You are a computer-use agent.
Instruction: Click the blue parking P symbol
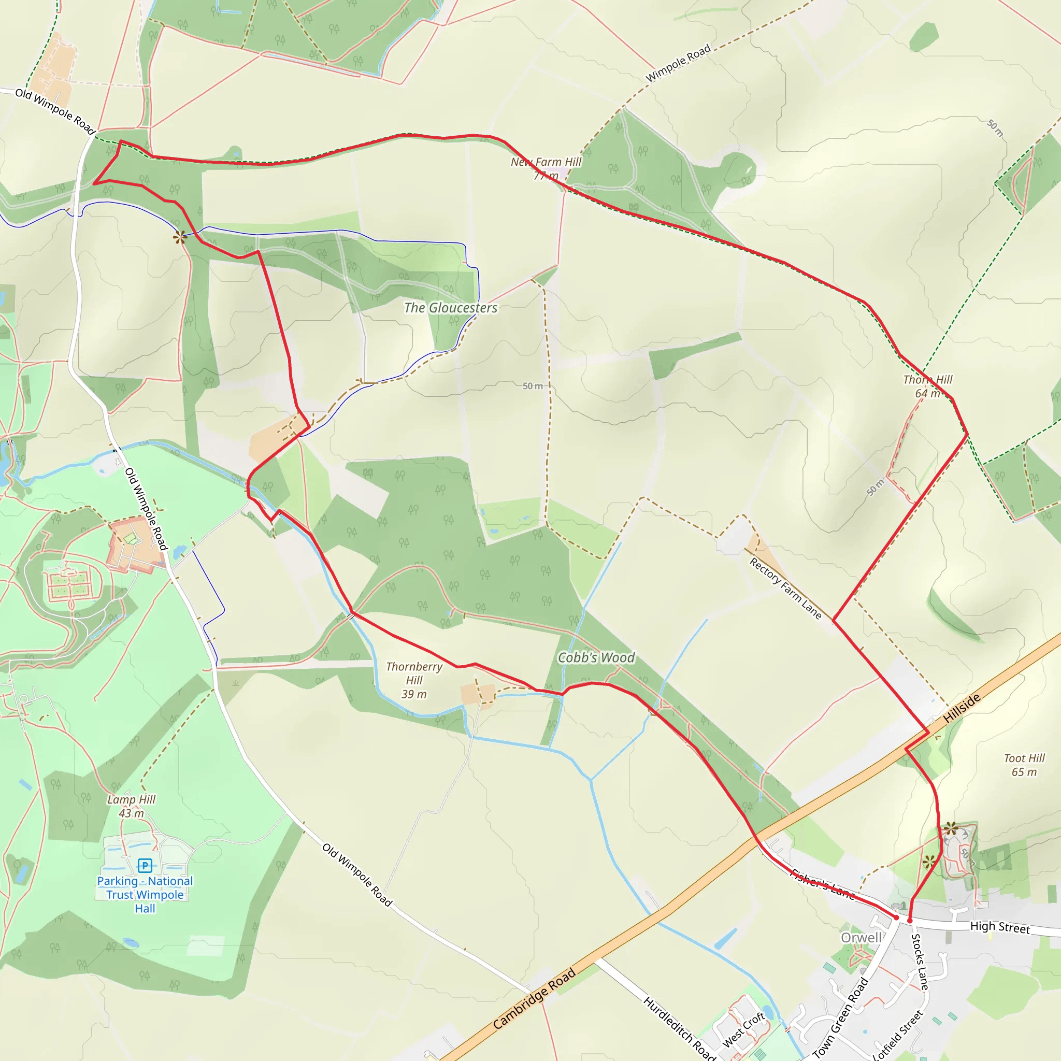click(x=145, y=866)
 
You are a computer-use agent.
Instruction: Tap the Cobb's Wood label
click(x=596, y=658)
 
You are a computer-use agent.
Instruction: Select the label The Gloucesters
click(x=450, y=308)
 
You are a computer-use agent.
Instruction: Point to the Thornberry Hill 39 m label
click(x=414, y=680)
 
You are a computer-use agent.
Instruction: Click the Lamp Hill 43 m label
click(x=131, y=806)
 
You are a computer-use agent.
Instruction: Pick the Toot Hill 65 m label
click(x=1024, y=765)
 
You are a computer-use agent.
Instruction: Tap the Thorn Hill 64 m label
click(x=927, y=386)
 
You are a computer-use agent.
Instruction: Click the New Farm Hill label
click(x=546, y=163)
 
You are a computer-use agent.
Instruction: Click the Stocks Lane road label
click(x=920, y=962)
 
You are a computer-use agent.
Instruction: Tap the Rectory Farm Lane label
click(x=785, y=589)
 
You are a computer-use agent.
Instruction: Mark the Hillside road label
click(x=962, y=708)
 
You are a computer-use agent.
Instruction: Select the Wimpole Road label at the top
click(x=678, y=63)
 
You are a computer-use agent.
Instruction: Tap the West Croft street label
click(x=743, y=1030)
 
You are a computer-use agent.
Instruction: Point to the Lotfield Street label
click(x=898, y=1035)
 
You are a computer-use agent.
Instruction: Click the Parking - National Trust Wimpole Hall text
click(x=145, y=895)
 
